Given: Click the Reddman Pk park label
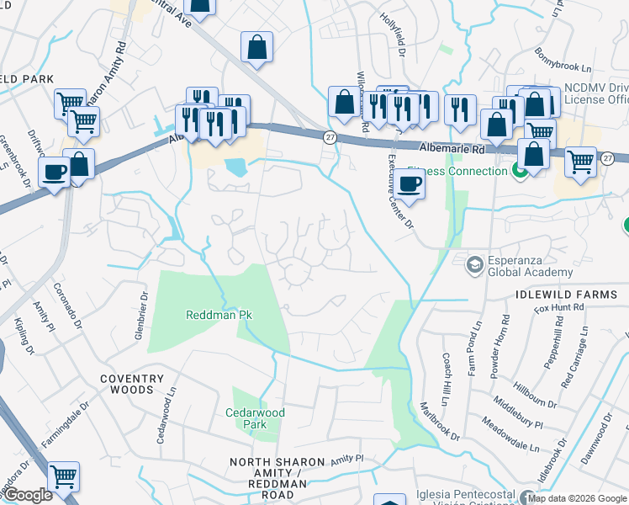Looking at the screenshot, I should click(x=219, y=315).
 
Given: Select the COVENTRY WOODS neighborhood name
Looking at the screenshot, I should click(x=127, y=384).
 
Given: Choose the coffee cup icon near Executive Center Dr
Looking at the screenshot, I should click(x=410, y=184).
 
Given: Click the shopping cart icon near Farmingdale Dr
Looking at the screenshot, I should click(x=64, y=477).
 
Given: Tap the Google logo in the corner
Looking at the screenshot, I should click(x=29, y=495).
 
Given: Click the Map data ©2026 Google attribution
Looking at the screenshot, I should click(x=576, y=498).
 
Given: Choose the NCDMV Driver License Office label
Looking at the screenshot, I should click(x=595, y=93).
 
